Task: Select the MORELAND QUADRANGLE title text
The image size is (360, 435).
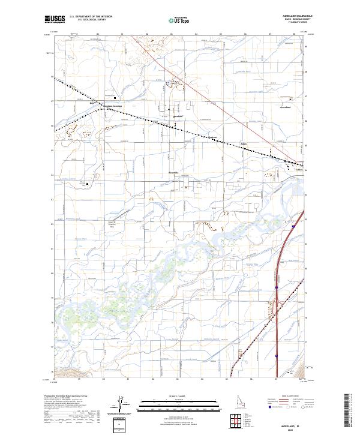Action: coord(292,17)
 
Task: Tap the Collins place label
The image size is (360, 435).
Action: coord(300,170)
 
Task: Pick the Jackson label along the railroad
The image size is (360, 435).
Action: coord(211,137)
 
